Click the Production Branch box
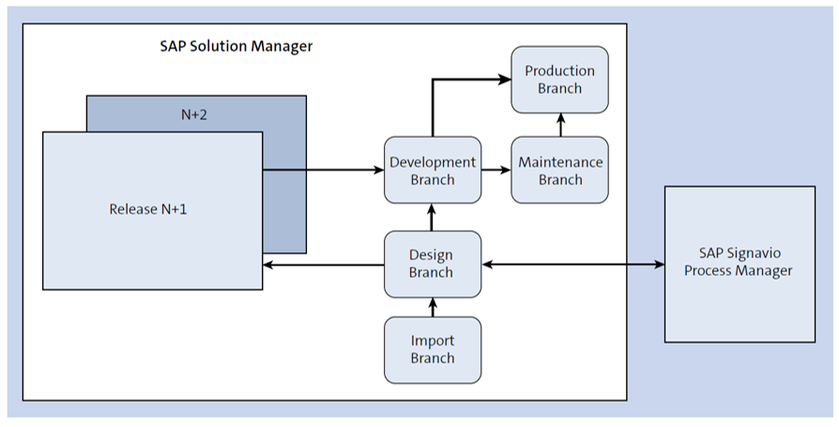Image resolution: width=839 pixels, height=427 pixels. pos(559,80)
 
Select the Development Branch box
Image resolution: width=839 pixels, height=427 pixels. pos(433,170)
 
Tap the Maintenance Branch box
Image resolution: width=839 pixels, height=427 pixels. pos(559,170)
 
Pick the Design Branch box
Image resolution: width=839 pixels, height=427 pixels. pos(433,265)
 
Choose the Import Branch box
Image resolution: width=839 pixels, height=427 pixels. pos(433,350)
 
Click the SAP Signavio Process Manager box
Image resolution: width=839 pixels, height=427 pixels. pos(740,265)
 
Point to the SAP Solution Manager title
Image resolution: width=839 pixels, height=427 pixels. pos(236,46)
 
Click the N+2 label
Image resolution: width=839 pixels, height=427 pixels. pos(193,114)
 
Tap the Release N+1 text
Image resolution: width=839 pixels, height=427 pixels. pos(148,208)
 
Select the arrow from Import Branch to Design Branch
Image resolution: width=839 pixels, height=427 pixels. pos(433,307)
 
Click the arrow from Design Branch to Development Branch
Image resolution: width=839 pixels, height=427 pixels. pos(433,217)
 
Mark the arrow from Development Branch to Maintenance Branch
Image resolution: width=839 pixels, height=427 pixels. pos(496,170)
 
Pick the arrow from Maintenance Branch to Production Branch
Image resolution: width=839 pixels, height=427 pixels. pos(560,125)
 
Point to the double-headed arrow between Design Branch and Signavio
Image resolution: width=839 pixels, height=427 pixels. pos(573,265)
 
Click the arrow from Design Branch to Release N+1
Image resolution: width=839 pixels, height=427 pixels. pos(324,265)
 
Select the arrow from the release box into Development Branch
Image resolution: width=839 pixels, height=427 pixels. pos(324,170)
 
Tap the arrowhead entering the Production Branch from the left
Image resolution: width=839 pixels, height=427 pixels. pos(505,80)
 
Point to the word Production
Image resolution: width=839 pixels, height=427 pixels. pos(559,70)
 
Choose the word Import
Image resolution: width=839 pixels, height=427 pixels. pos(433,341)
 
